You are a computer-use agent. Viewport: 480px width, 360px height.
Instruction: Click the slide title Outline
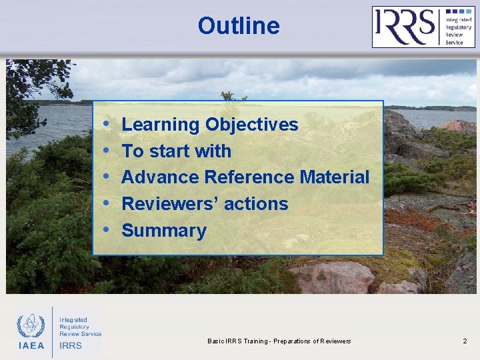[x=238, y=26]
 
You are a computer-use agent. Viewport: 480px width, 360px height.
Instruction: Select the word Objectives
[x=251, y=125]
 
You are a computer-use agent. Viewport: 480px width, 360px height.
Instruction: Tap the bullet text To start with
[x=176, y=151]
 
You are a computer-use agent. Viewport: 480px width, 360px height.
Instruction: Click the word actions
[x=256, y=204]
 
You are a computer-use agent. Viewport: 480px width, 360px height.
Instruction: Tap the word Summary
[x=164, y=231]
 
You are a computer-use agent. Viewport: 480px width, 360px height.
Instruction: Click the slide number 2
[x=465, y=341]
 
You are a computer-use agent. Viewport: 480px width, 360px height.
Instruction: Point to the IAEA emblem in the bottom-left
[x=31, y=326]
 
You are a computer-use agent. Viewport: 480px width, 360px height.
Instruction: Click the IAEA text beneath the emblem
[x=31, y=345]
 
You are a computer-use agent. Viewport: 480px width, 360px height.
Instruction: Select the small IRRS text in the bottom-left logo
[x=71, y=345]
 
